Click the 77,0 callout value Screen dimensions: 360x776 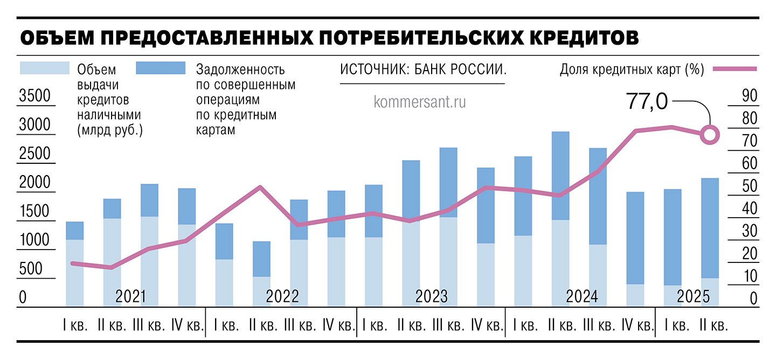[x=647, y=101]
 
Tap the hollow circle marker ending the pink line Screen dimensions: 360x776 [x=710, y=135]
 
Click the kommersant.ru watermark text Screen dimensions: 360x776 [x=419, y=101]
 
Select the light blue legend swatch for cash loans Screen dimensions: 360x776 [x=45, y=68]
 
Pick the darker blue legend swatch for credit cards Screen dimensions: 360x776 [x=161, y=68]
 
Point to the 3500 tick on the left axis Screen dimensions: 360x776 [x=34, y=96]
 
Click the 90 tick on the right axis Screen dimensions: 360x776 [x=749, y=95]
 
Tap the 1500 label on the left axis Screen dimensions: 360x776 [x=34, y=211]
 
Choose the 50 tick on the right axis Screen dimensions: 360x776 [x=749, y=186]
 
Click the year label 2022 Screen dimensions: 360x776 [x=282, y=296]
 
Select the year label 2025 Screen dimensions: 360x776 [x=694, y=296]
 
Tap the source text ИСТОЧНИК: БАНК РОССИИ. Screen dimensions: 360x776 [x=423, y=70]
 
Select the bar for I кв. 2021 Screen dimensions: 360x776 [x=74, y=264]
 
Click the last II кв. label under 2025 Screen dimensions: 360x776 [x=713, y=326]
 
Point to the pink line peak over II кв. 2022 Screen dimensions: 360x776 [x=260, y=187]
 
